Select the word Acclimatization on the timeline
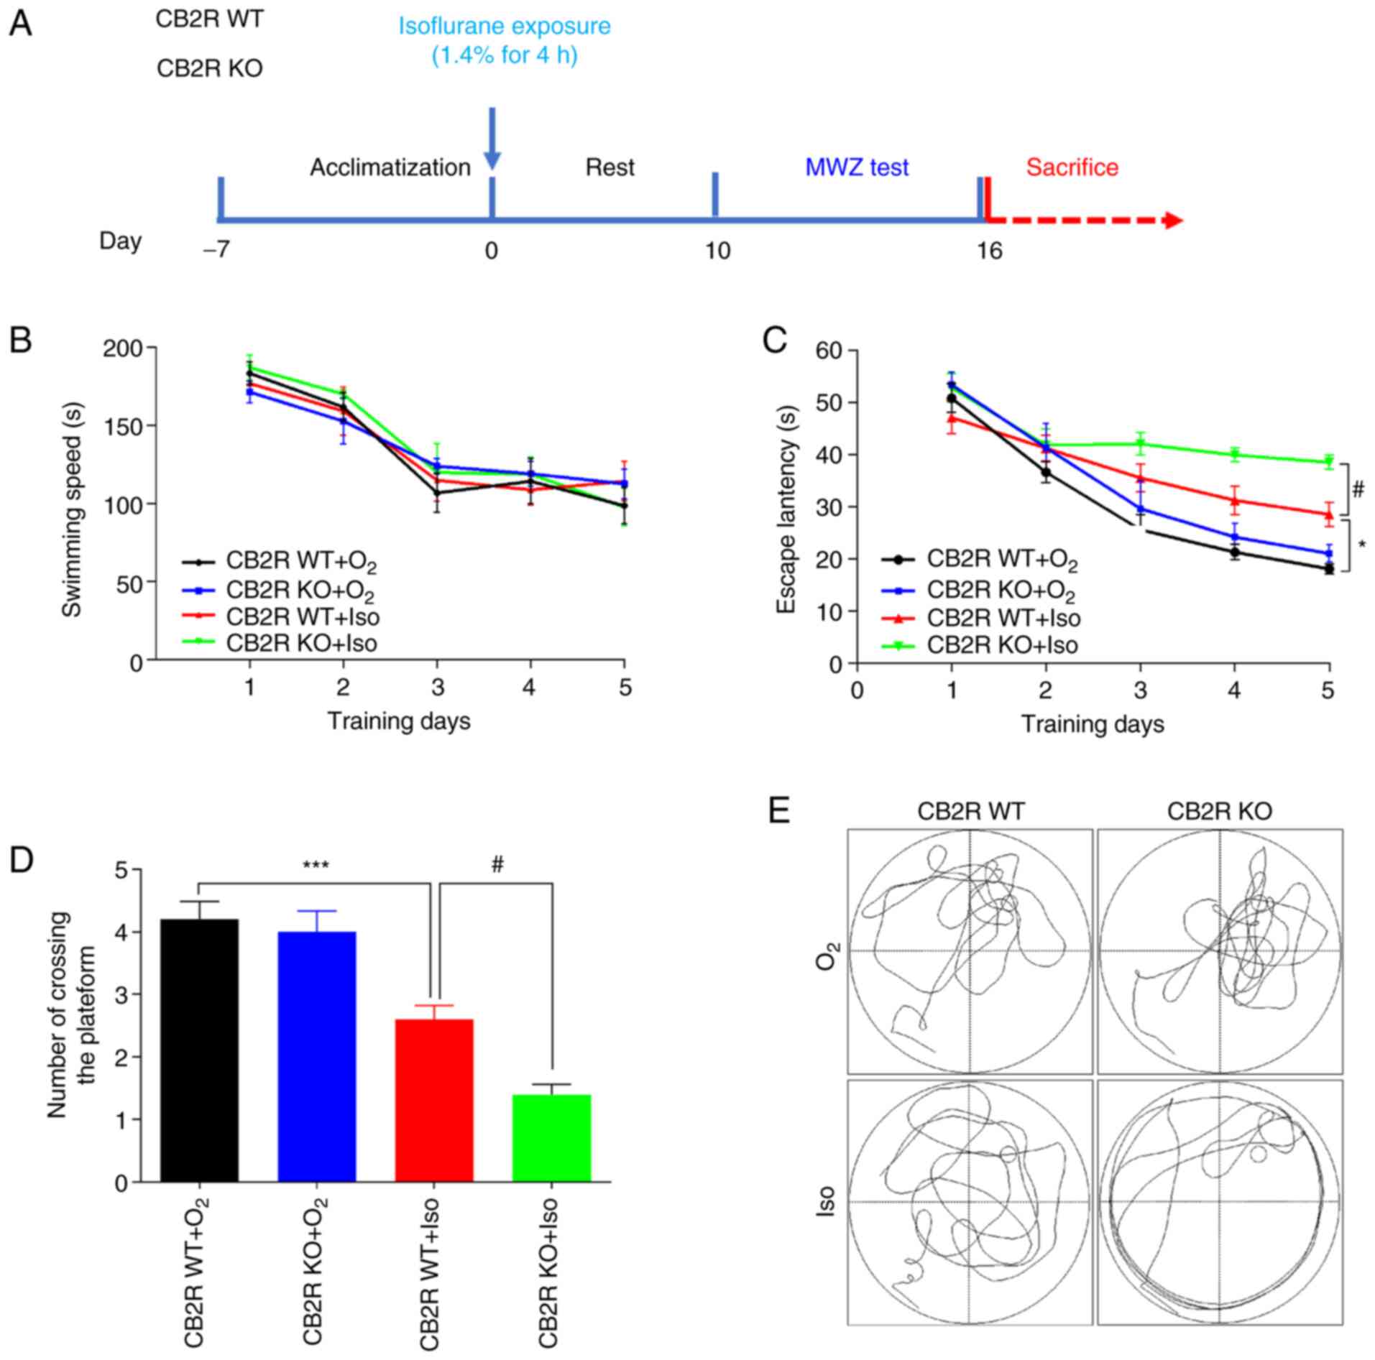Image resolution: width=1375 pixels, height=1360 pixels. click(x=390, y=167)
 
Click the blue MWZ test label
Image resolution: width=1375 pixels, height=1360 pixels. click(x=856, y=167)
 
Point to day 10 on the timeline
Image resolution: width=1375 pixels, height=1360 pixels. click(x=717, y=251)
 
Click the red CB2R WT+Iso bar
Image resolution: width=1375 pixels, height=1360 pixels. click(x=434, y=1100)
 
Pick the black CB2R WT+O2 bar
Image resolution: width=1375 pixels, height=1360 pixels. click(x=199, y=1050)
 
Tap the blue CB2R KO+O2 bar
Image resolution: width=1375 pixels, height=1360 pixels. click(x=317, y=1056)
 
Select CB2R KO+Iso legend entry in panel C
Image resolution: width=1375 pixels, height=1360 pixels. click(x=1002, y=645)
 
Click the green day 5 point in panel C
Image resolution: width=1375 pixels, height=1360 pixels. click(x=1328, y=462)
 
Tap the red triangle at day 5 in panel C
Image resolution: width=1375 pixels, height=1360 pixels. click(x=1328, y=514)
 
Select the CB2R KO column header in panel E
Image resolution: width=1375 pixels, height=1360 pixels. click(x=1219, y=811)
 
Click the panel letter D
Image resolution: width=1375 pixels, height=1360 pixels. click(x=21, y=860)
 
